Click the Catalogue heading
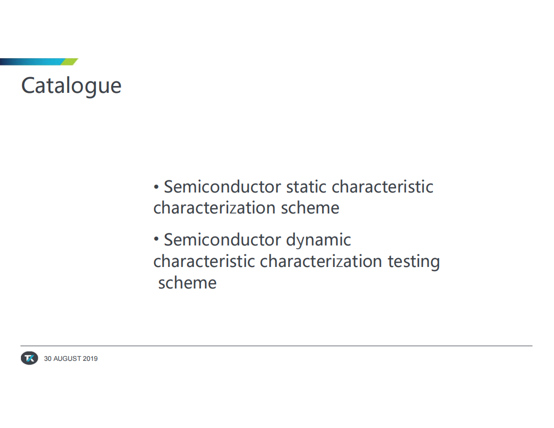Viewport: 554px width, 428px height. click(x=71, y=86)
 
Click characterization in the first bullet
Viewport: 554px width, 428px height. click(x=215, y=208)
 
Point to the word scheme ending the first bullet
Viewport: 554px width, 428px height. click(x=310, y=208)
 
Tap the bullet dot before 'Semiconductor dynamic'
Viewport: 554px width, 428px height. click(x=156, y=239)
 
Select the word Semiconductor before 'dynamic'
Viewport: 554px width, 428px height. click(x=222, y=240)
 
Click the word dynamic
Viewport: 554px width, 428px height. click(x=318, y=240)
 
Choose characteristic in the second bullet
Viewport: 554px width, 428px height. click(x=204, y=261)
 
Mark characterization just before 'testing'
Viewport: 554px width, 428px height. click(x=321, y=261)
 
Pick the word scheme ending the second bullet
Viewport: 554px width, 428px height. click(x=187, y=283)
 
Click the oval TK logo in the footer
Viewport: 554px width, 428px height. click(x=29, y=358)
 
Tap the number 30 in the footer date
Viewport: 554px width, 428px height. click(x=48, y=358)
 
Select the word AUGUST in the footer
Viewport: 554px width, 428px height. click(x=67, y=358)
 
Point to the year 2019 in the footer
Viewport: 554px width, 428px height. click(x=90, y=358)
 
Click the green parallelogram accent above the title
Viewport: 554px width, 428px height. click(x=69, y=62)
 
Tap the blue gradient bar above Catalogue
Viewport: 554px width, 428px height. click(x=33, y=62)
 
